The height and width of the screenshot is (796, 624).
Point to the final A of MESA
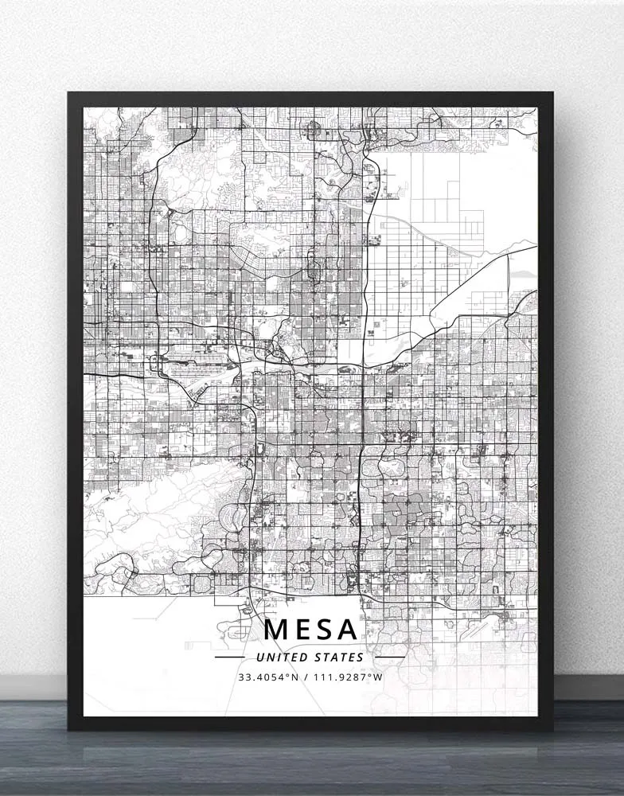(347, 629)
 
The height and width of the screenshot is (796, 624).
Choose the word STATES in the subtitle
(338, 657)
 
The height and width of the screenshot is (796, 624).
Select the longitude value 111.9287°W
(348, 677)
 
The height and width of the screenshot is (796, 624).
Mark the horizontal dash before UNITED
(230, 657)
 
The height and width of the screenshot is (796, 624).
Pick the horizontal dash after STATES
(389, 657)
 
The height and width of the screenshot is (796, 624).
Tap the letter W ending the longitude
(379, 677)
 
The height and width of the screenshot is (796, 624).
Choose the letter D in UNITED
(298, 657)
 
